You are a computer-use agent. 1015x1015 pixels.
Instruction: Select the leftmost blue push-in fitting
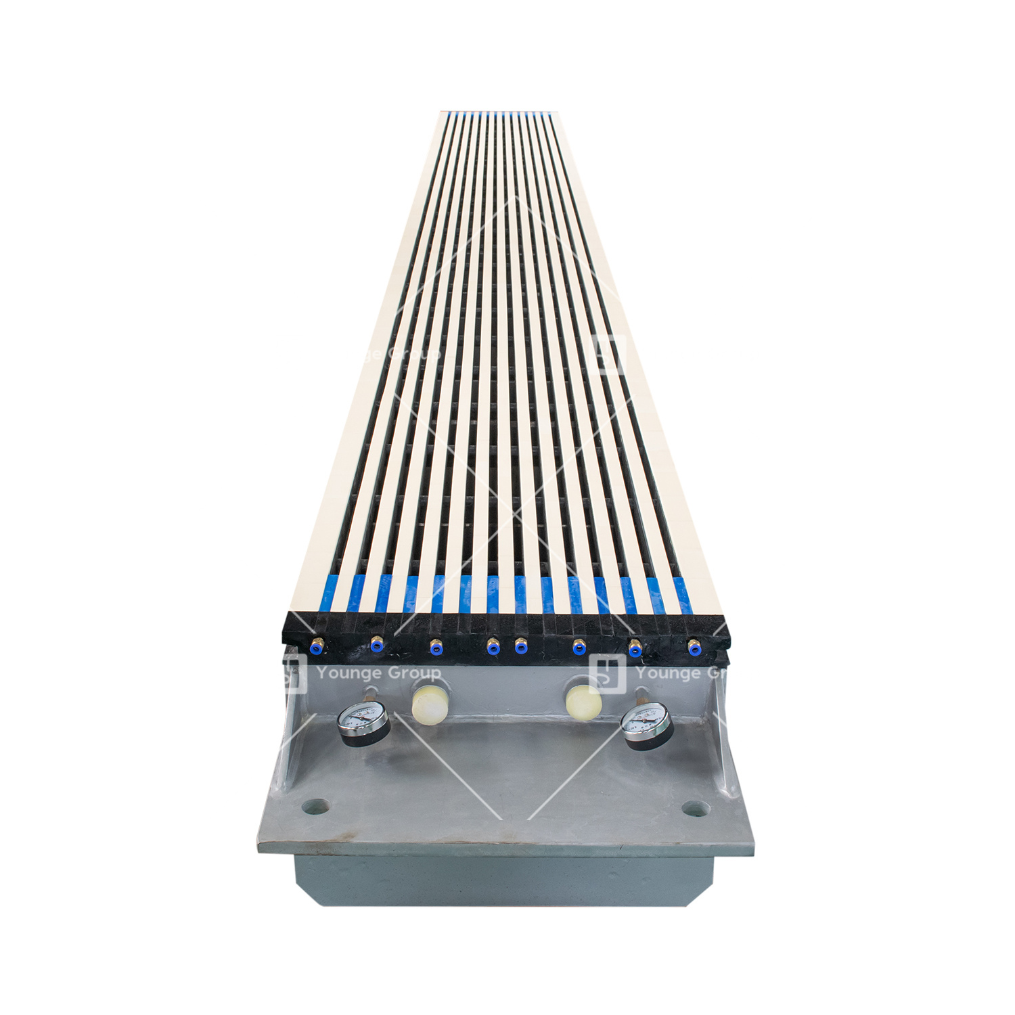(315, 648)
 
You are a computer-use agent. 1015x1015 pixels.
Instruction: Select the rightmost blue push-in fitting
(694, 648)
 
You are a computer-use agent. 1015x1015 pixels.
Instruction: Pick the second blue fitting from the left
(376, 647)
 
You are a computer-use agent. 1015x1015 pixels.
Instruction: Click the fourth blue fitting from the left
(493, 648)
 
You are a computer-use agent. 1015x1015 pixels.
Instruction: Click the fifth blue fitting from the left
(520, 648)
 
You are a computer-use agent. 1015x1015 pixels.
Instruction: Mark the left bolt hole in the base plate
(315, 806)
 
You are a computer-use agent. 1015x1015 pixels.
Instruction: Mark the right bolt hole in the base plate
(695, 807)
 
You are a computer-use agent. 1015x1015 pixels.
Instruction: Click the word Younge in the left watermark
(348, 673)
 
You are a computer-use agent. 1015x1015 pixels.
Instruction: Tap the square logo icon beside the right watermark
(607, 673)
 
